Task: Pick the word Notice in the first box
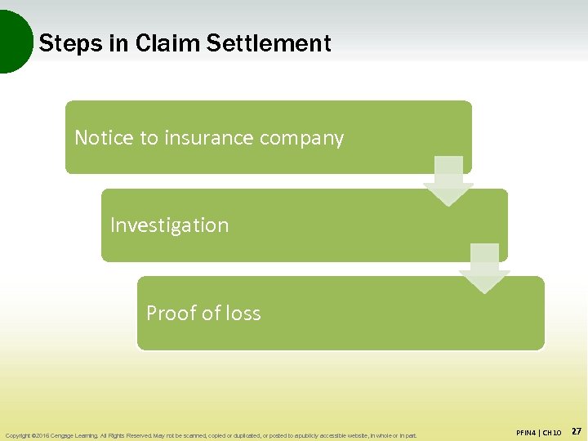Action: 102,138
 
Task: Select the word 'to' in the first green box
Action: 149,138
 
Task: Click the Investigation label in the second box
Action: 169,225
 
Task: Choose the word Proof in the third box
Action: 168,313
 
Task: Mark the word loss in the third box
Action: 243,313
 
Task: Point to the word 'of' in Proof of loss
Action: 210,313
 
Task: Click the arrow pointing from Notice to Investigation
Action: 448,180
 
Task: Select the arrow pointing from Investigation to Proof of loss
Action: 483,268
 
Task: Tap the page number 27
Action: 575,430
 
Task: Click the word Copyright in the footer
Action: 17,435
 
